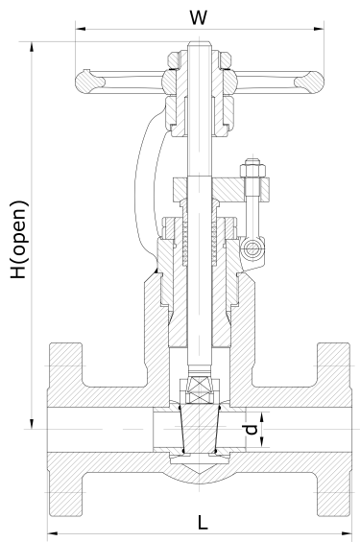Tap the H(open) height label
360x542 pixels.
tap(20, 240)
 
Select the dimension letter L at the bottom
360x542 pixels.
tap(204, 522)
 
